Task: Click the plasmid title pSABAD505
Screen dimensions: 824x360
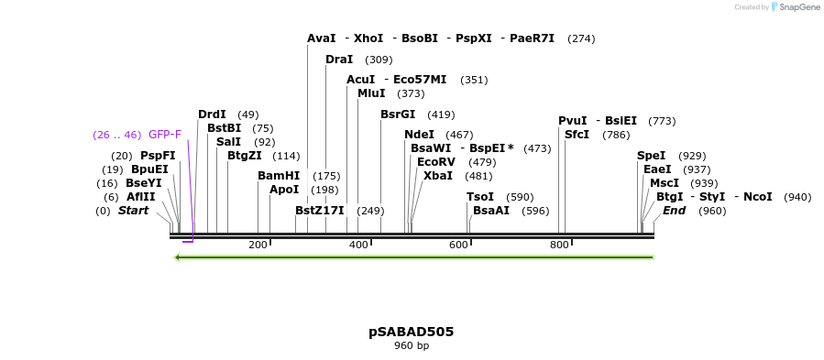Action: pos(411,332)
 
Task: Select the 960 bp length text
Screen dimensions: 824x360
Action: pos(411,346)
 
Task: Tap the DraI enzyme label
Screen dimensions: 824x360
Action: pos(339,60)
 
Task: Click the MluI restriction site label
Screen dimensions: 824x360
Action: pos(371,93)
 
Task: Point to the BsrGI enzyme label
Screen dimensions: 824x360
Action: pos(398,115)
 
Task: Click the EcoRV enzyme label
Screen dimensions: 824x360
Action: pos(435,162)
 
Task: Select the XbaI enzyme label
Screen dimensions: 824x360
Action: pos(437,176)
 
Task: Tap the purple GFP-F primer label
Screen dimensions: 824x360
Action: pos(165,135)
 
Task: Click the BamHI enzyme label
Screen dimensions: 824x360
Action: pos(279,176)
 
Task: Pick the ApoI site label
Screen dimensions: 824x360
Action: pos(284,190)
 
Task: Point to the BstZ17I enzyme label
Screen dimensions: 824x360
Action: pos(320,211)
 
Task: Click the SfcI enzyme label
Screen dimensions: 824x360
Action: pos(577,135)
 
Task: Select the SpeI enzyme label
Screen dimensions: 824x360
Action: pos(652,156)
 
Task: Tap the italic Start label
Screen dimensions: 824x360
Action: pos(133,211)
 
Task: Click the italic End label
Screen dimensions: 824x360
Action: pos(674,211)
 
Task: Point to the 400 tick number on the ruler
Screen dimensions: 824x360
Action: pos(358,245)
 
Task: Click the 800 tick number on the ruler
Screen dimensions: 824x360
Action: pos(559,245)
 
